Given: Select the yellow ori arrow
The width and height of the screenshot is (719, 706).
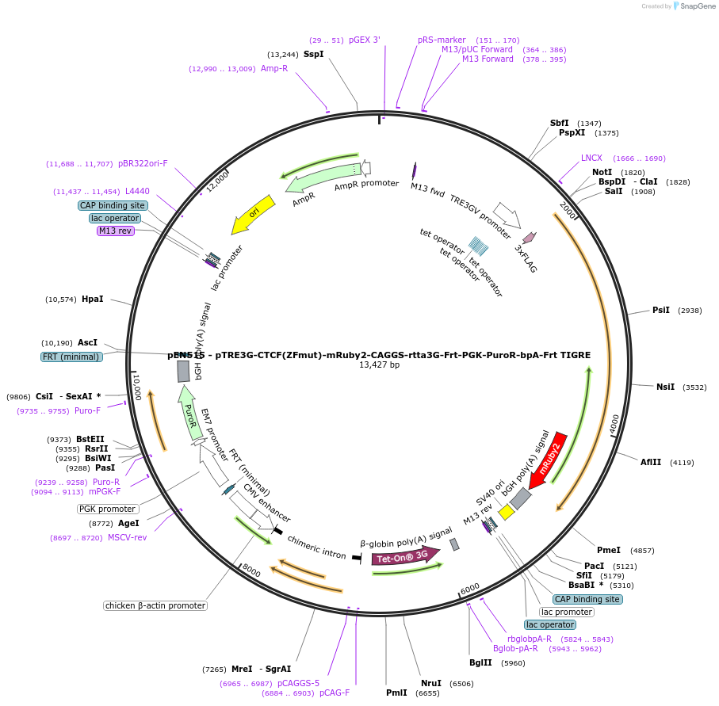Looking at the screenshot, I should pyautogui.click(x=253, y=215).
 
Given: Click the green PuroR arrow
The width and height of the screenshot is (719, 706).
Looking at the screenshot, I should pyautogui.click(x=189, y=413).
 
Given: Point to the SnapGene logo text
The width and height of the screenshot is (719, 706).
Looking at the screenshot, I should pyautogui.click(x=695, y=6).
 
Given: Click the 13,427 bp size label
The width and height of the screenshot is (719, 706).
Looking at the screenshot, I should pyautogui.click(x=379, y=365).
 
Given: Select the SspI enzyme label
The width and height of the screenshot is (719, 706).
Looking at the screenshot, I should pyautogui.click(x=313, y=54).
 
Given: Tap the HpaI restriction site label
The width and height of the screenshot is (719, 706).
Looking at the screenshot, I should pyautogui.click(x=92, y=299).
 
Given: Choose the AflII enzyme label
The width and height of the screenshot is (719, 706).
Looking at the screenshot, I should pyautogui.click(x=650, y=462).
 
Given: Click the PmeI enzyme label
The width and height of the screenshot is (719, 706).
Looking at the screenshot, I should pyautogui.click(x=608, y=550).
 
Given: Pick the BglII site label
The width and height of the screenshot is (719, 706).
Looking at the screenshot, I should pyautogui.click(x=480, y=662).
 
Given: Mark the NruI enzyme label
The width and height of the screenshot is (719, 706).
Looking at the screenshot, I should pyautogui.click(x=430, y=683).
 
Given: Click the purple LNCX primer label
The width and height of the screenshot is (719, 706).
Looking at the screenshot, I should pyautogui.click(x=591, y=158).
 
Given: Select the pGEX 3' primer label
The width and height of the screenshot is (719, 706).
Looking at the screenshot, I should pyautogui.click(x=365, y=40).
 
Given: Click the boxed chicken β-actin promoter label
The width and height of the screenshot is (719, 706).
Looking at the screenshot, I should pyautogui.click(x=155, y=605).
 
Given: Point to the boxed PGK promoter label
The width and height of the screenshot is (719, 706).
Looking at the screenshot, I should pyautogui.click(x=107, y=509).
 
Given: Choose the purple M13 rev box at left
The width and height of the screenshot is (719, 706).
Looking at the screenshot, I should pyautogui.click(x=116, y=231).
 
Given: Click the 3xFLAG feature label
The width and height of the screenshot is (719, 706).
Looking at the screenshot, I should pyautogui.click(x=526, y=259).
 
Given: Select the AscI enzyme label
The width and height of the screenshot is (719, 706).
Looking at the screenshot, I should pyautogui.click(x=87, y=342).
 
